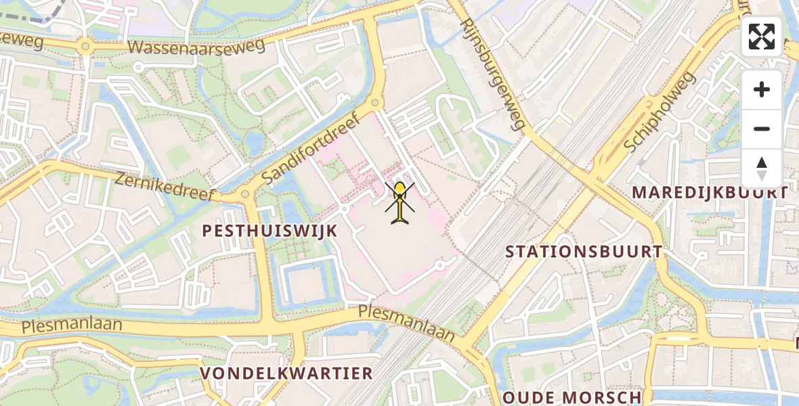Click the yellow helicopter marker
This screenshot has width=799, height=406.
pos(400,201)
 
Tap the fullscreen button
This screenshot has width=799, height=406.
pos(762,37)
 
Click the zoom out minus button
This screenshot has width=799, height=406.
pos(762,129)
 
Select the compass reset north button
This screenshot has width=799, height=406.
pos(762,168)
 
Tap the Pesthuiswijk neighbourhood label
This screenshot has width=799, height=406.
pos(270,231)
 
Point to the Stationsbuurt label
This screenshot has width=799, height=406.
pos(584,252)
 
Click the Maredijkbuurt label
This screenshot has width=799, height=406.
pos(710,192)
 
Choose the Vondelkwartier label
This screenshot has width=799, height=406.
pos(286,373)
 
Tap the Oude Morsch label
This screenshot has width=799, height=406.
pos(572,397)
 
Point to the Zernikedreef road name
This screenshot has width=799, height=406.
pos(165,186)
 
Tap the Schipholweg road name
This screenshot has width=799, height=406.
pos(661,112)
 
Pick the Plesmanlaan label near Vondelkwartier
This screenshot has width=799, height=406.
pos(406,323)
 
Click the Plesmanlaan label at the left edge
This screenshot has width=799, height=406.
pos(72,325)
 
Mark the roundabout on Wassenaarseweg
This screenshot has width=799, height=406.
pos(85,47)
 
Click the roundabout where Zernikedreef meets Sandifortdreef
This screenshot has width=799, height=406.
pos(245,195)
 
